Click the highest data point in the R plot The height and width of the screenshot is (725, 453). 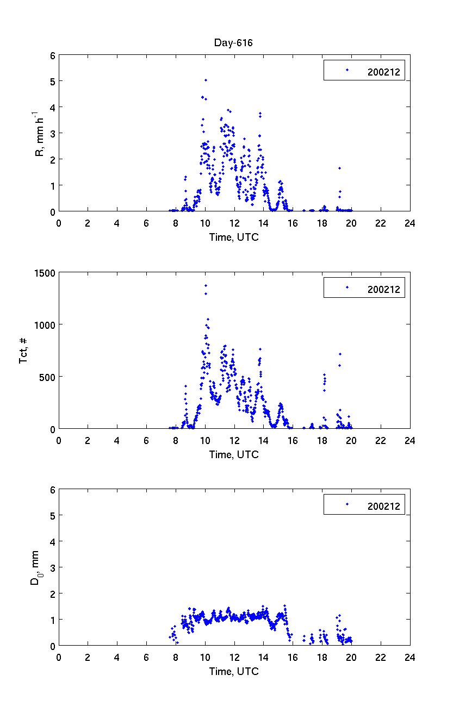[206, 80]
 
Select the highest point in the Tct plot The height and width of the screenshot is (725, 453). [206, 285]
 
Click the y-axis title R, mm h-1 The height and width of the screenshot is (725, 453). [39, 134]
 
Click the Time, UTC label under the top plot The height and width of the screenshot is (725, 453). [234, 237]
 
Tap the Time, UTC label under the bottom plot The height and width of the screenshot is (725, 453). [234, 671]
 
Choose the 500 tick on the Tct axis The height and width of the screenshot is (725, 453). [48, 377]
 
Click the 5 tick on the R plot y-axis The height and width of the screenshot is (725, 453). [53, 82]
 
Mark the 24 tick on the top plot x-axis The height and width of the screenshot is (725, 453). [409, 222]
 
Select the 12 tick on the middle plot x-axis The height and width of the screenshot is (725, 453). [234, 440]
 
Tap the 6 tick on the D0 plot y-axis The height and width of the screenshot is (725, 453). [53, 490]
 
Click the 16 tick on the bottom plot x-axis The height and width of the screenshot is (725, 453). [293, 657]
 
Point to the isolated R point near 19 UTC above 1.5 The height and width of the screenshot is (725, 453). [339, 168]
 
